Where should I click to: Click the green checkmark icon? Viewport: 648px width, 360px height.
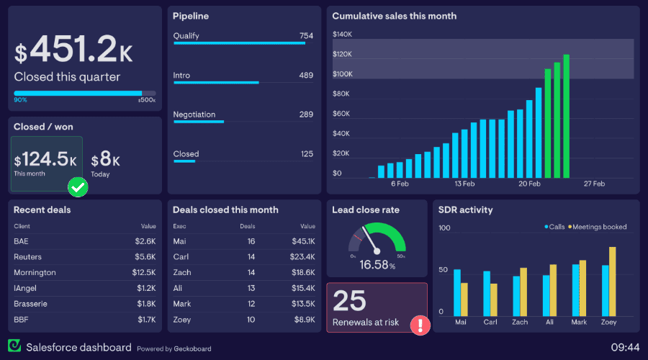(x=78, y=188)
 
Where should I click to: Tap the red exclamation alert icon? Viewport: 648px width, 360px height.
(x=420, y=325)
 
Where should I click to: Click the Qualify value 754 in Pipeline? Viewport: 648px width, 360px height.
(x=306, y=36)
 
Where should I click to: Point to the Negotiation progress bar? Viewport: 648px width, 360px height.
(x=199, y=122)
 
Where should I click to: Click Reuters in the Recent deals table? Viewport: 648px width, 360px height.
(x=27, y=257)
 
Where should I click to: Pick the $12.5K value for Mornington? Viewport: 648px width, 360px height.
(x=144, y=273)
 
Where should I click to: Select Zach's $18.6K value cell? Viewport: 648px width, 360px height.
(x=302, y=273)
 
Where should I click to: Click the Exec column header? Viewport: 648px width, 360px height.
(x=179, y=226)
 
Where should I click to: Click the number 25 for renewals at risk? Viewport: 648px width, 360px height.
(x=349, y=301)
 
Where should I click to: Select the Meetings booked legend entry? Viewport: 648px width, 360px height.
(x=598, y=227)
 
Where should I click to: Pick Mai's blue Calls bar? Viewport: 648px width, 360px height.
(x=456, y=292)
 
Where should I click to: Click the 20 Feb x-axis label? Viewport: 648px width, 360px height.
(x=529, y=184)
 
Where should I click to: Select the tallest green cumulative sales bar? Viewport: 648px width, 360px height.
(x=567, y=116)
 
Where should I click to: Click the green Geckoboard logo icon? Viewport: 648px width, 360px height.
(x=14, y=347)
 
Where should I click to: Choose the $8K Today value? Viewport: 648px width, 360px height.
(x=105, y=160)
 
